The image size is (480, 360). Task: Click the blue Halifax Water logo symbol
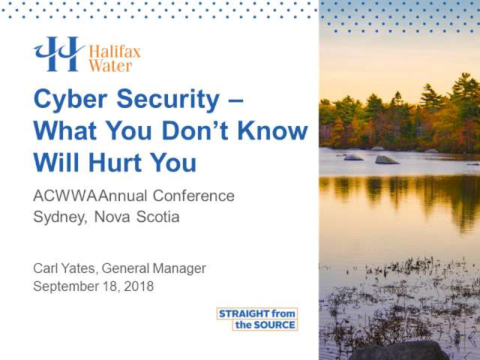59,54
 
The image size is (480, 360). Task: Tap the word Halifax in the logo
115,52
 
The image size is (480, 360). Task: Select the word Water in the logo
110,66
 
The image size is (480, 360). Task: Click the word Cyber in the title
70,99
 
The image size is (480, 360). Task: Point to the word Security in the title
168,99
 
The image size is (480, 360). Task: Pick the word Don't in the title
195,130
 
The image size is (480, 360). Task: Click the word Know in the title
272,130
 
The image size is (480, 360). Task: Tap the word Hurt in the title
115,162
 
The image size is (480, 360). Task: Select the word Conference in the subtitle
193,196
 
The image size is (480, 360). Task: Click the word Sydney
60,217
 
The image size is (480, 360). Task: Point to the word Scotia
157,217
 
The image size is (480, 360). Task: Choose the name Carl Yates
65,268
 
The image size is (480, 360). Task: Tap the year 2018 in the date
139,286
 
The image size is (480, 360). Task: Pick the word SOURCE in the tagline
275,325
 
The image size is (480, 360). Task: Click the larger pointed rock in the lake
387,160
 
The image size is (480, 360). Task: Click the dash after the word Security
235,100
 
